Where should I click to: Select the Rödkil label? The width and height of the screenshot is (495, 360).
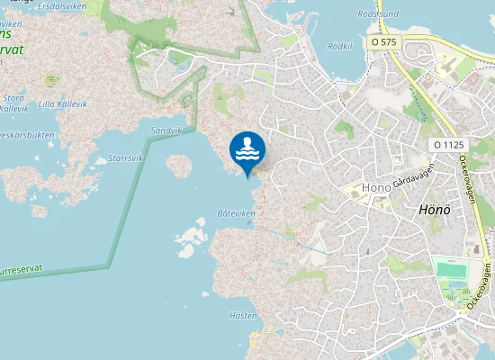tap(340, 46)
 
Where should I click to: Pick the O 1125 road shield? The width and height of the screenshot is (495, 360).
tap(447, 144)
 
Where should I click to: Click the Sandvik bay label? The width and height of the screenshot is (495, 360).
tap(166, 130)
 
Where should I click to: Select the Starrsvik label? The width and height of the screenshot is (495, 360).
tap(125, 158)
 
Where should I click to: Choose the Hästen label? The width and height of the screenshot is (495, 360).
tap(243, 315)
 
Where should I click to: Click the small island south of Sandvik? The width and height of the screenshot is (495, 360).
tap(179, 166)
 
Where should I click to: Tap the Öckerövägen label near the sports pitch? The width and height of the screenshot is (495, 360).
tap(481, 286)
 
